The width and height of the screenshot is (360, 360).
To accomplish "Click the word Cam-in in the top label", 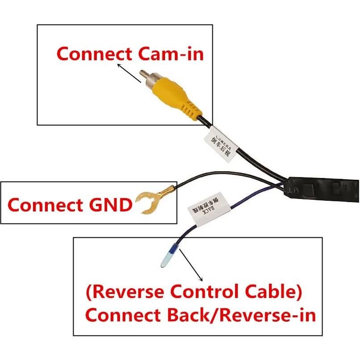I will click(x=171, y=54).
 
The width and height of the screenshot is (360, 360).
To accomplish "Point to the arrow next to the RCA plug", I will click(x=128, y=73).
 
